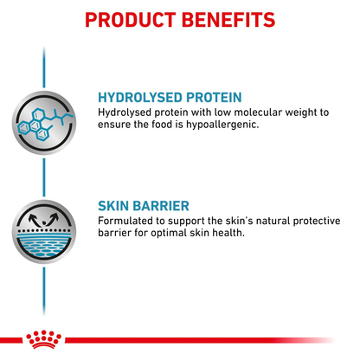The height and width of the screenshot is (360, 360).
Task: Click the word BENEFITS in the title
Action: click(x=229, y=19)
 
